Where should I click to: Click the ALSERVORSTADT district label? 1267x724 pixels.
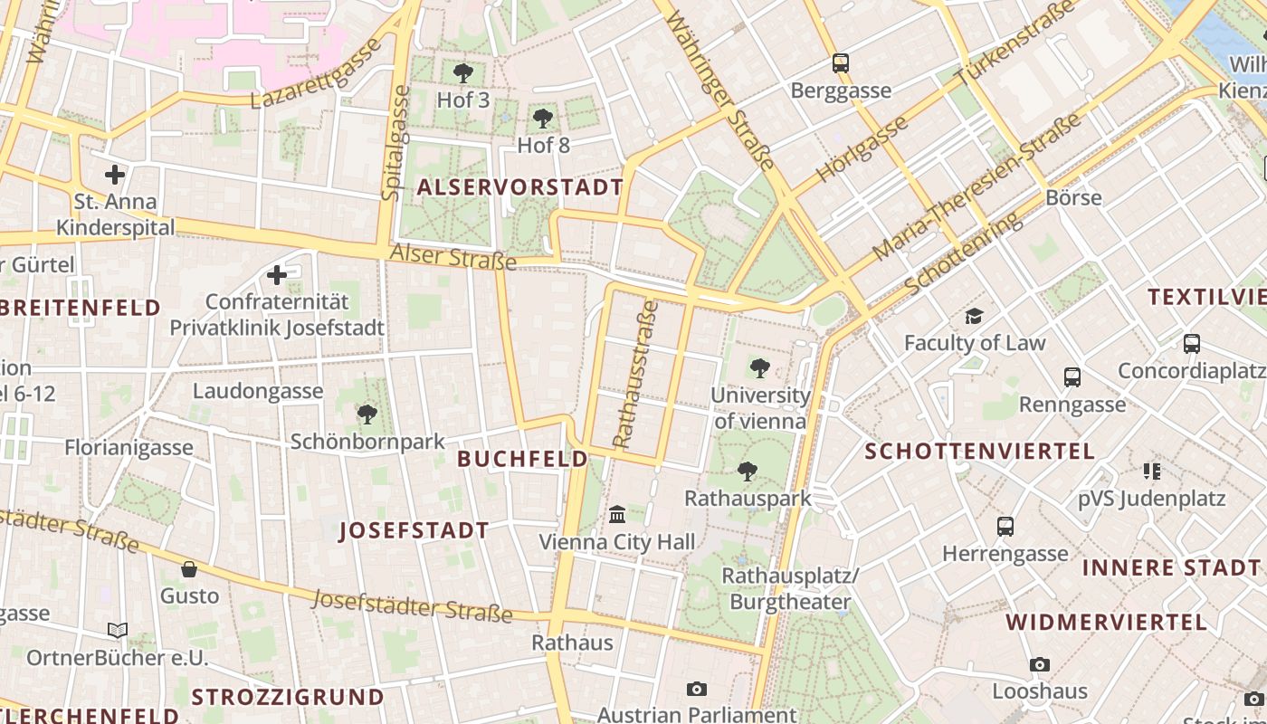click(x=519, y=187)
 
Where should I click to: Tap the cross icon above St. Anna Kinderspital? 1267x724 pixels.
click(x=115, y=175)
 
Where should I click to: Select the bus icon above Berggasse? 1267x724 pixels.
click(x=841, y=63)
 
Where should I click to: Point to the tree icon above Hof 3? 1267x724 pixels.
click(x=462, y=73)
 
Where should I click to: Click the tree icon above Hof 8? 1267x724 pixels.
click(x=542, y=119)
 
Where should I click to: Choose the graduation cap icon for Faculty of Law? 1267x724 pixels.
click(x=974, y=316)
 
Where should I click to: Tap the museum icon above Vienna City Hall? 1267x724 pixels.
click(x=617, y=514)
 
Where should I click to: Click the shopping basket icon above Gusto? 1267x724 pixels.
click(x=189, y=569)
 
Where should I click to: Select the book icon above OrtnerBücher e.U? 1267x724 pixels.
click(x=118, y=630)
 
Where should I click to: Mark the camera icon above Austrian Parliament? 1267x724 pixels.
click(x=696, y=689)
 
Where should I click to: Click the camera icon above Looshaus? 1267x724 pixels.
click(x=1039, y=664)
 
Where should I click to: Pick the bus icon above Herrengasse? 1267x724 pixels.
click(x=1005, y=526)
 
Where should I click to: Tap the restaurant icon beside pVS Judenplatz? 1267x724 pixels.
click(x=1151, y=471)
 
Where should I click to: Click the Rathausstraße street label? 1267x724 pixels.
click(x=635, y=375)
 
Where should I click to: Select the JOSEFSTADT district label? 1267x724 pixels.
click(x=414, y=530)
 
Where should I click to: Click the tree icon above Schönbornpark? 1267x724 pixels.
click(x=367, y=414)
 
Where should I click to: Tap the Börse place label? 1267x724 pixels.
click(x=1073, y=197)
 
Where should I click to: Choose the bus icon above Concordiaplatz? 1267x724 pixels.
click(x=1191, y=344)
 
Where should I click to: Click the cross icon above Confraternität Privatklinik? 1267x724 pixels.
click(x=277, y=274)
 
